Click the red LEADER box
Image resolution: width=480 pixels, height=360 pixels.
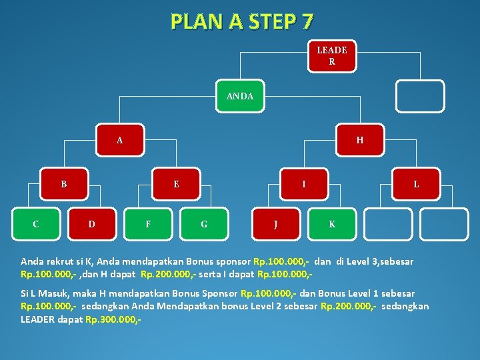coord(331,56)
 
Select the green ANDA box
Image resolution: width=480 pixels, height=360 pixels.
coord(240,96)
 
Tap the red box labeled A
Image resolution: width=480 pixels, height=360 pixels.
coord(119,140)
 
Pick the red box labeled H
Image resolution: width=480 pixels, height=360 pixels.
coord(360,140)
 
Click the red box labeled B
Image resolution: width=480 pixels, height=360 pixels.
coord(64,184)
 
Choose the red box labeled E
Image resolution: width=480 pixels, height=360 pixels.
coord(176,184)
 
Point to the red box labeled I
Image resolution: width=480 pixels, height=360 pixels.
coord(304,184)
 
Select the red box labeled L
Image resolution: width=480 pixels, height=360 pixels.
coord(416,184)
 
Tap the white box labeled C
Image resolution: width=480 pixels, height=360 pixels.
coord(36,224)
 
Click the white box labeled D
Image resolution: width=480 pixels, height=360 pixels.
coord(92,224)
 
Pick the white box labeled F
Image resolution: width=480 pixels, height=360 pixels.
coord(148,224)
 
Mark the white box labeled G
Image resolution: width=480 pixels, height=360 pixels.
coord(204,224)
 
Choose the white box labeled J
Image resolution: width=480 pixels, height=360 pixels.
coord(276,224)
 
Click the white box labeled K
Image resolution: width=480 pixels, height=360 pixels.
coord(332,224)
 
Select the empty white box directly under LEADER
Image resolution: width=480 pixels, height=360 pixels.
coord(419,96)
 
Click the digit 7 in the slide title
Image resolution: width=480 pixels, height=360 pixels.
coord(306,22)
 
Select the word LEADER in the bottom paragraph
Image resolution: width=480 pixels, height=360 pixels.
coord(38,319)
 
